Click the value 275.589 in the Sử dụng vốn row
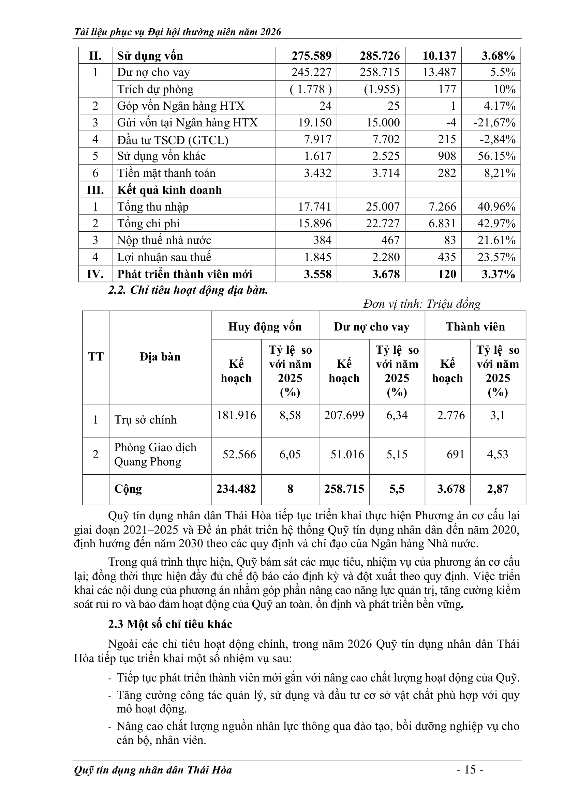point(311,56)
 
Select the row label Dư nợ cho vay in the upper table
point(153,73)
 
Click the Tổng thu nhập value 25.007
point(382,207)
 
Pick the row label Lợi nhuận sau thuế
point(164,257)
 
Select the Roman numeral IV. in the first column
point(95,274)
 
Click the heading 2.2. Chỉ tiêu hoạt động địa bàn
point(188,290)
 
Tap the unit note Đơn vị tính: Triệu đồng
point(421,304)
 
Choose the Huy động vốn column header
point(265,327)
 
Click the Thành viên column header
point(475,327)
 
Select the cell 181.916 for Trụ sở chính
point(236,415)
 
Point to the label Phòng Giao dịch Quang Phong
point(155,455)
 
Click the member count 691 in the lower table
point(455,455)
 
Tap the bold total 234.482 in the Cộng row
point(236,489)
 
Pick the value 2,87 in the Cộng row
point(497,489)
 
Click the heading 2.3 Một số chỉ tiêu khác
point(170,624)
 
